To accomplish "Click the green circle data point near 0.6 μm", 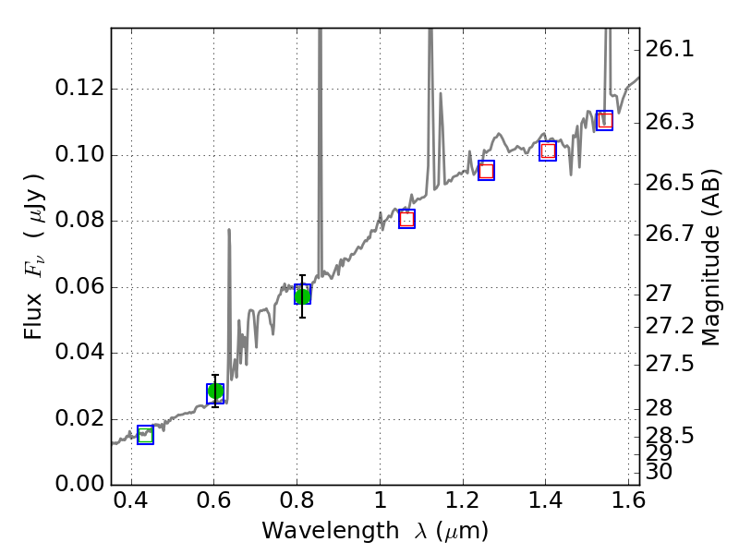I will (215, 391).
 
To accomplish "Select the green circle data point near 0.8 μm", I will (302, 295).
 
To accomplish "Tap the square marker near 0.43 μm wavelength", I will (145, 435).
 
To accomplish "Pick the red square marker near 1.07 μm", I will (406, 219).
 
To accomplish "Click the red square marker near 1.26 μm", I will (486, 170).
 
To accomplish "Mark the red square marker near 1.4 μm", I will (548, 151).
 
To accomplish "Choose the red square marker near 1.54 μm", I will (604, 120).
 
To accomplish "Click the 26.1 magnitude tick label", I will (670, 49).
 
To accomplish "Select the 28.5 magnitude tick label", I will (670, 435).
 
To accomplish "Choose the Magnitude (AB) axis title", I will (710, 257).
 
